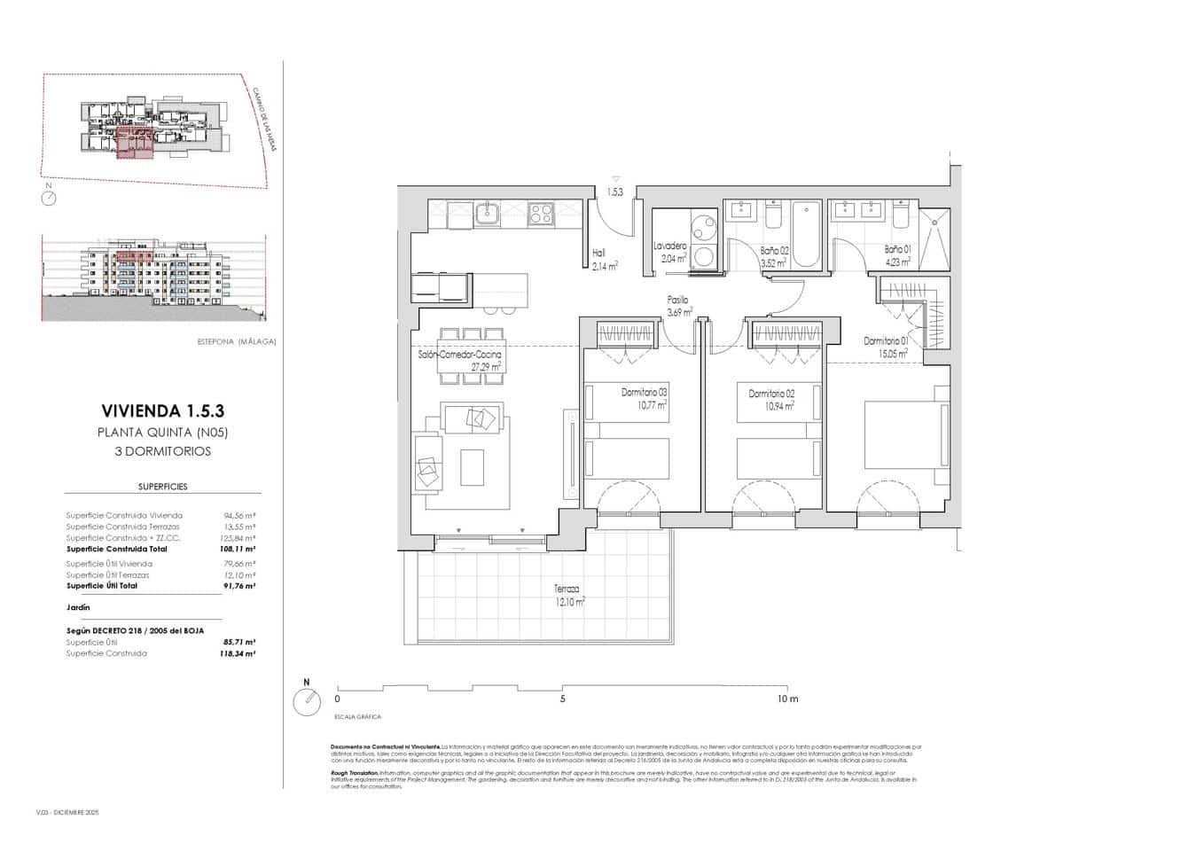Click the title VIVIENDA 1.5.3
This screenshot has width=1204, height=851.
162,411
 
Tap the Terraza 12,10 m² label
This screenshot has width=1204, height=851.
568,596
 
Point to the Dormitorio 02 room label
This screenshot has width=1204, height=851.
770,400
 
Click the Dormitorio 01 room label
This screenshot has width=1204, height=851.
887,347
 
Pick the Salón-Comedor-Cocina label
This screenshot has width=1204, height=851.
459,360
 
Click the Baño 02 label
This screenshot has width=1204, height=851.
774,256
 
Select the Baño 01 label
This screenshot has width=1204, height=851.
897,255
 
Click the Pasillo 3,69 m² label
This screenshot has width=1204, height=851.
678,306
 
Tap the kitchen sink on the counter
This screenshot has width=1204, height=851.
487,214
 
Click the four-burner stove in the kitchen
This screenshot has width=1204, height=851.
541,214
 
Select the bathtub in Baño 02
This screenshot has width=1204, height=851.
806,234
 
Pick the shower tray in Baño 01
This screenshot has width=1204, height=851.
934,239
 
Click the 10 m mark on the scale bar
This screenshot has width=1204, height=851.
786,699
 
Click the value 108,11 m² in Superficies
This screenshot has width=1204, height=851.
239,550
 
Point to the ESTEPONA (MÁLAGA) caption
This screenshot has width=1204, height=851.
237,341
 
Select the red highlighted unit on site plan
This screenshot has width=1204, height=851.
136,144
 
